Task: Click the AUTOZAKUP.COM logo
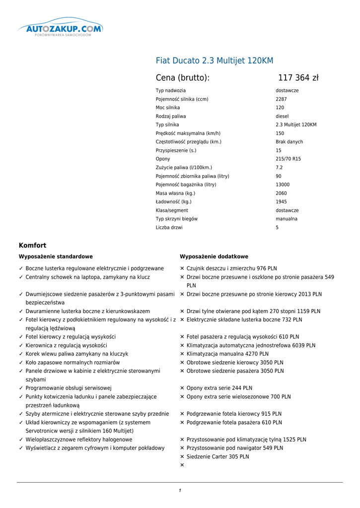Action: pyautogui.click(x=60, y=29)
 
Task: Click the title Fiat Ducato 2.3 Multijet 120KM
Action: pyautogui.click(x=215, y=61)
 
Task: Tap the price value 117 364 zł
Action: pyautogui.click(x=298, y=78)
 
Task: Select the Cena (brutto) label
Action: pyautogui.click(x=183, y=78)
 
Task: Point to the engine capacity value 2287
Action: pyautogui.click(x=281, y=99)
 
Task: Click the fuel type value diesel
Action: pyautogui.click(x=282, y=116)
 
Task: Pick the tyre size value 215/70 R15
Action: pyautogui.click(x=288, y=159)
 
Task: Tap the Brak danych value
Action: pyautogui.click(x=289, y=142)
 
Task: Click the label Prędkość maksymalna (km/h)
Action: pyautogui.click(x=188, y=133)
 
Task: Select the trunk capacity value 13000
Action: pyautogui.click(x=283, y=185)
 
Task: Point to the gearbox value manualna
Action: pyautogui.click(x=287, y=219)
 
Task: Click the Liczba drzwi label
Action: pyautogui.click(x=169, y=228)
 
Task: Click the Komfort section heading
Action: pyautogui.click(x=32, y=245)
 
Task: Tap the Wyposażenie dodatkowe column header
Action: pyautogui.click(x=214, y=256)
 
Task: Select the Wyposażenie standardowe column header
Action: pyautogui.click(x=56, y=256)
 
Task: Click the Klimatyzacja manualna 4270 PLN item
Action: pyautogui.click(x=227, y=354)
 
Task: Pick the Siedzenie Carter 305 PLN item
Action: pyautogui.click(x=217, y=457)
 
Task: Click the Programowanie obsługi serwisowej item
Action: pyautogui.click(x=69, y=388)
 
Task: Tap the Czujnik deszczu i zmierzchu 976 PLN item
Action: pyautogui.click(x=231, y=268)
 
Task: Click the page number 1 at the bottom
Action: pyautogui.click(x=180, y=491)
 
